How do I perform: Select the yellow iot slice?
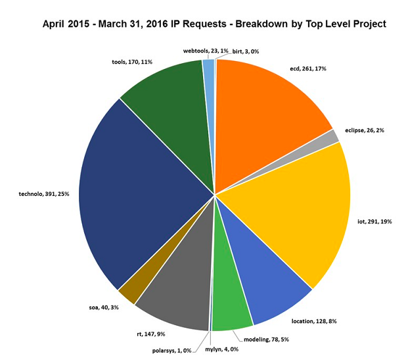click(296, 210)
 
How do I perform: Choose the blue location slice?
click(269, 282)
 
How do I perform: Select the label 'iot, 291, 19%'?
click(375, 221)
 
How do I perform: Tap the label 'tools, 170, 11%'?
click(133, 62)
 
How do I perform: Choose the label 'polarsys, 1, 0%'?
click(172, 350)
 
